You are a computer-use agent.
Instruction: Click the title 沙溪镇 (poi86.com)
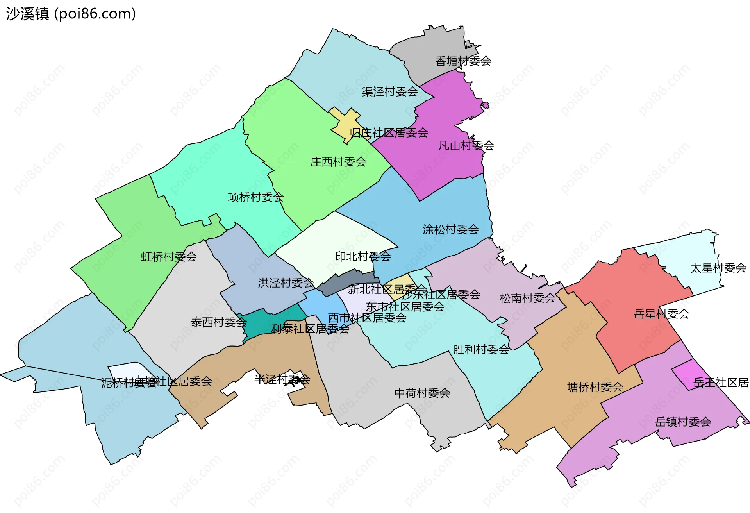point(71,14)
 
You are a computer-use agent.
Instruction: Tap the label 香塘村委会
point(463,61)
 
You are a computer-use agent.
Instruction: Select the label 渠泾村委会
point(389,91)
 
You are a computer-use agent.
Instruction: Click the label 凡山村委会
point(466,146)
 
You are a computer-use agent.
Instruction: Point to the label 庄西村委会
point(338,162)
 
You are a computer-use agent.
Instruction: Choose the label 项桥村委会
point(255,197)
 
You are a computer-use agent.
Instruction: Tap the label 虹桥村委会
point(169,257)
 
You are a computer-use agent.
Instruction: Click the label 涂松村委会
point(450,229)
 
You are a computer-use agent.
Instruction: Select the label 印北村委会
point(363,256)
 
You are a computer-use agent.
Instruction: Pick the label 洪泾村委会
point(286,283)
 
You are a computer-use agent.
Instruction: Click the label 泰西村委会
point(218,322)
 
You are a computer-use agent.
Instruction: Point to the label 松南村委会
point(527,298)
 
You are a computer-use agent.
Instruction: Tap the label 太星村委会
point(718,268)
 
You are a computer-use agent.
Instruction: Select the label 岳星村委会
point(661,314)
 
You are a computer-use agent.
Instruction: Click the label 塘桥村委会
point(595,387)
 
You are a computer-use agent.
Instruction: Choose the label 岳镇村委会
point(682,422)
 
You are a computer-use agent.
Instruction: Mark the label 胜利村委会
point(481,349)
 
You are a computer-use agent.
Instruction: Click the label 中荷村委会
point(422,393)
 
